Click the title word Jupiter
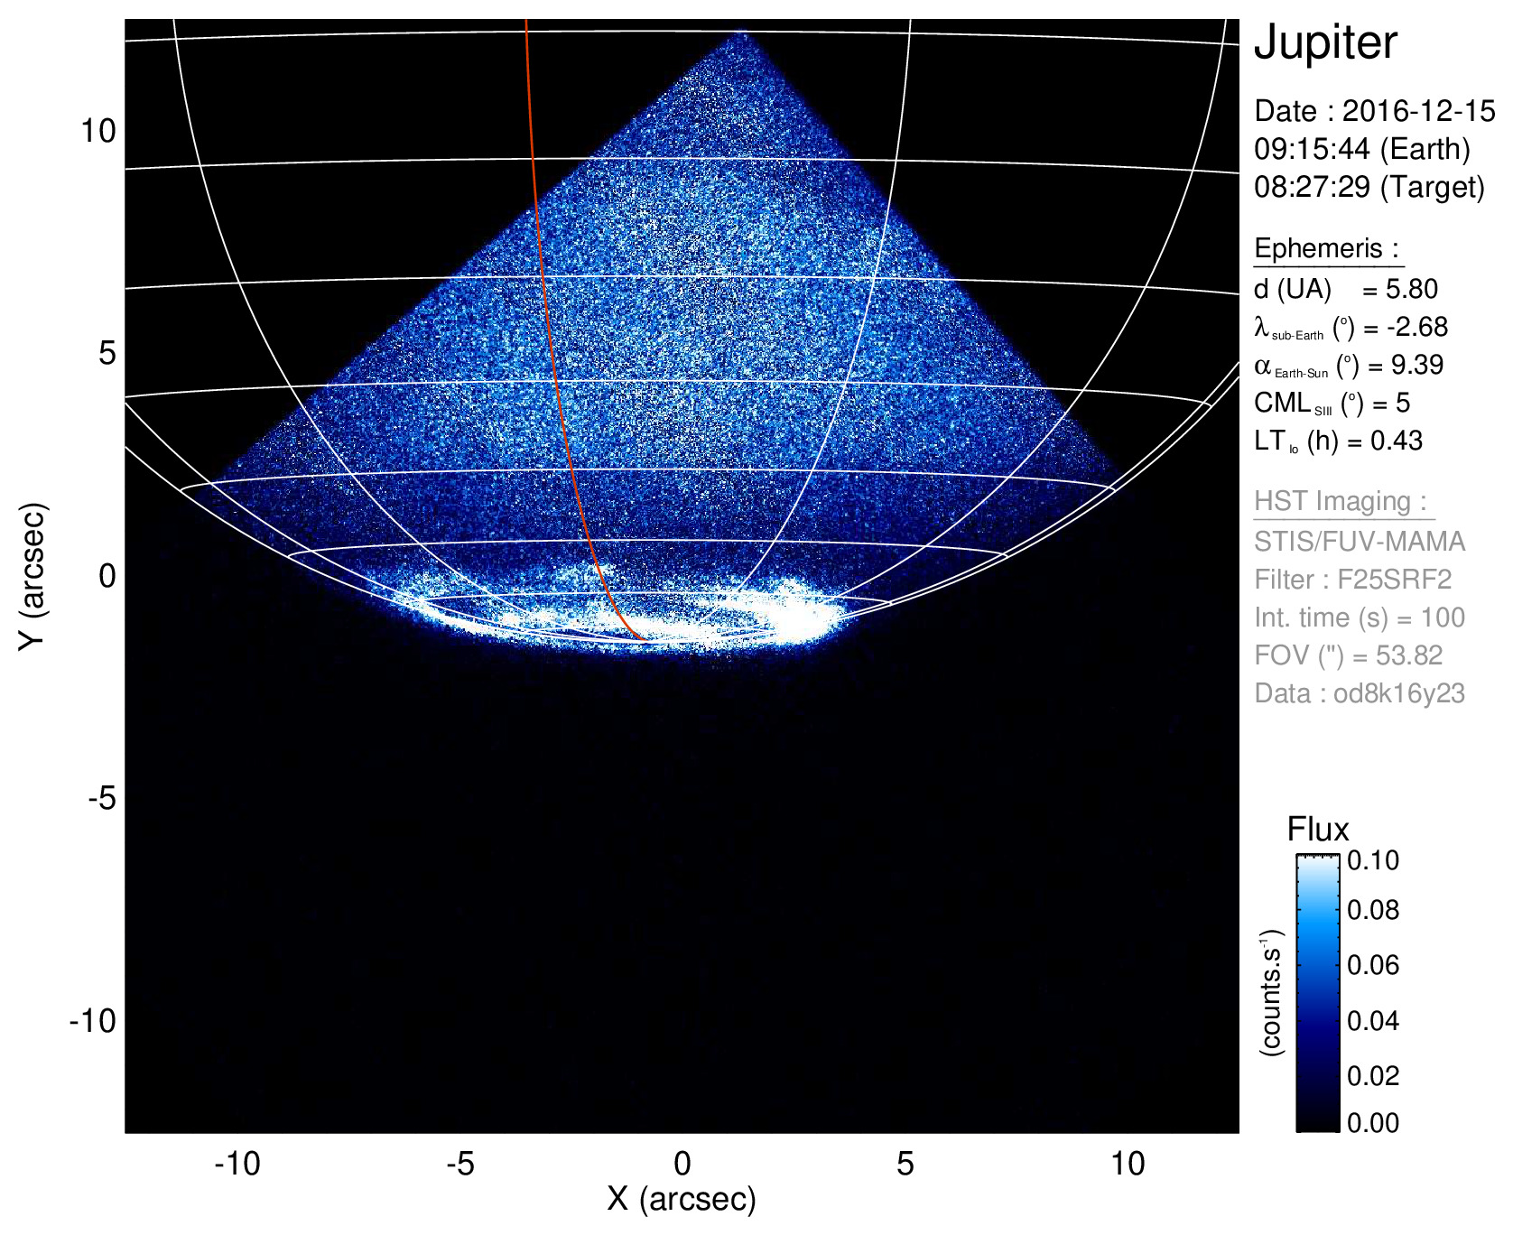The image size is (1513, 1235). pyautogui.click(x=1325, y=43)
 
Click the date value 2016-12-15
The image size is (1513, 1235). pyautogui.click(x=1418, y=111)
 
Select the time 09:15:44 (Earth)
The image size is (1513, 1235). pyautogui.click(x=1362, y=149)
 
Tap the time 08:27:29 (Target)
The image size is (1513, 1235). pyautogui.click(x=1369, y=187)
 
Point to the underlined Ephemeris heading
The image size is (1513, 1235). pyautogui.click(x=1326, y=248)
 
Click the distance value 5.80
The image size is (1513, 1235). pyautogui.click(x=1412, y=289)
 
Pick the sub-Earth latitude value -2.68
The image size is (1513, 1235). pyautogui.click(x=1417, y=327)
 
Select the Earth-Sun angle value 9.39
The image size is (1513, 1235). pyautogui.click(x=1417, y=365)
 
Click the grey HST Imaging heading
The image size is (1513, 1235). pyautogui.click(x=1340, y=501)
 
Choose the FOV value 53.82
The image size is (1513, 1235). pyautogui.click(x=1409, y=655)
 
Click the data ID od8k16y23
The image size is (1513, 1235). pyautogui.click(x=1398, y=693)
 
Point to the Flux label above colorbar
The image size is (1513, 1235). pyautogui.click(x=1318, y=830)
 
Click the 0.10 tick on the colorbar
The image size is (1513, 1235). pyautogui.click(x=1373, y=860)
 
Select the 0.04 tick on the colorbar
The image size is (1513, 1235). pyautogui.click(x=1373, y=1021)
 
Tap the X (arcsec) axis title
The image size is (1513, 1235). pyautogui.click(x=682, y=1199)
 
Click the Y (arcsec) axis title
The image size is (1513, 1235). pyautogui.click(x=32, y=576)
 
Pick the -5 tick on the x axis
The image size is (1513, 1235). pyautogui.click(x=460, y=1164)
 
